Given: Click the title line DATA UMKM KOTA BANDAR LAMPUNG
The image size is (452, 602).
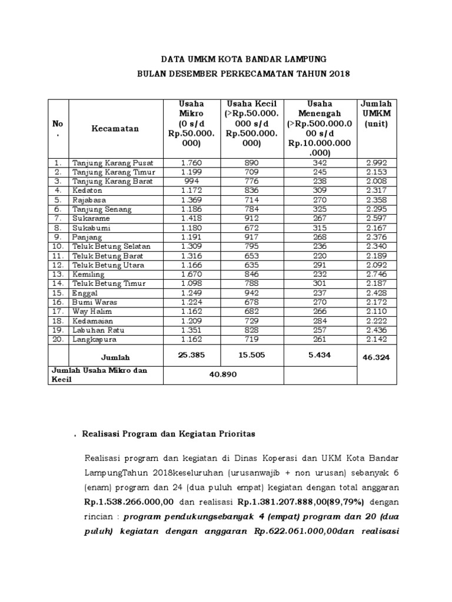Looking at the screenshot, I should pos(243,60).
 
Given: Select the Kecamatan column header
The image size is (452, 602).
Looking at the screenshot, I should pos(115,128).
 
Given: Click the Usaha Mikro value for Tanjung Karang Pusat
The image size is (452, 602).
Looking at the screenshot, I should pos(192,162).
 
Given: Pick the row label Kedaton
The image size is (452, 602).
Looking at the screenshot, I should pos(87,190).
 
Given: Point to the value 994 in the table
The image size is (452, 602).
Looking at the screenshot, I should pos(192,181).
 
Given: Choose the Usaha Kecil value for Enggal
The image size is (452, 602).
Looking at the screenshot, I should pos(251,293).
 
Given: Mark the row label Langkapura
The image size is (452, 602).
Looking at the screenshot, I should pos(94,339).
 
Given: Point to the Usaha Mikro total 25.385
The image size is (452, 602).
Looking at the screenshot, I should pos(192,354).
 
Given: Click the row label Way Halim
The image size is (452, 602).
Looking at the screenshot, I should pos(92,312).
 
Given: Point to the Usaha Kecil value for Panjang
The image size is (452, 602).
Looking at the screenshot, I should pos(251,237).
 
